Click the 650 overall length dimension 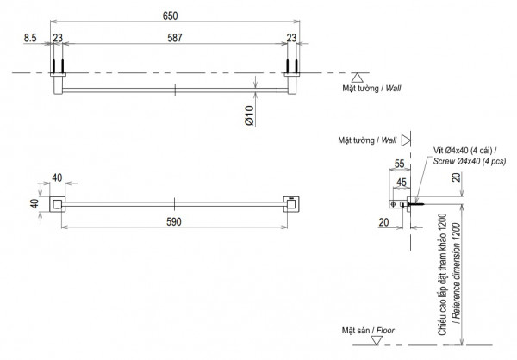click(x=175, y=14)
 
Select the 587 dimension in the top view click(x=175, y=37)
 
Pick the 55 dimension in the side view click(x=399, y=163)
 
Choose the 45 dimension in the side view click(x=401, y=182)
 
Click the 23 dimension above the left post click(x=58, y=37)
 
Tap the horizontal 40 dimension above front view click(x=58, y=178)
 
